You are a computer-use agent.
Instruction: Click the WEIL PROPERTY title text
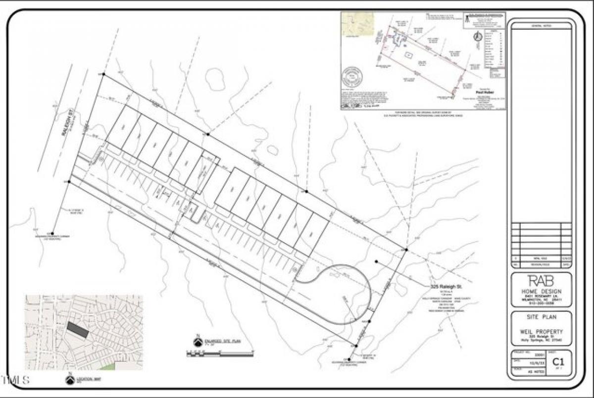tap(541, 332)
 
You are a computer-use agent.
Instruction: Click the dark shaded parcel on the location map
tap(78, 329)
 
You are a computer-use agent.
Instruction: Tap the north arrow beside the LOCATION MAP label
tap(70, 379)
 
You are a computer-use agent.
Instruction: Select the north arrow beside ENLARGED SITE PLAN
tap(198, 342)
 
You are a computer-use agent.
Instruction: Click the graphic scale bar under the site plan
tap(219, 353)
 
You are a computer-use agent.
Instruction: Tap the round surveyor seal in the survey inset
tap(352, 77)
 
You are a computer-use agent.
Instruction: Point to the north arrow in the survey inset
tap(478, 37)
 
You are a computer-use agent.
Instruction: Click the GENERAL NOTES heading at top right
tap(541, 26)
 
